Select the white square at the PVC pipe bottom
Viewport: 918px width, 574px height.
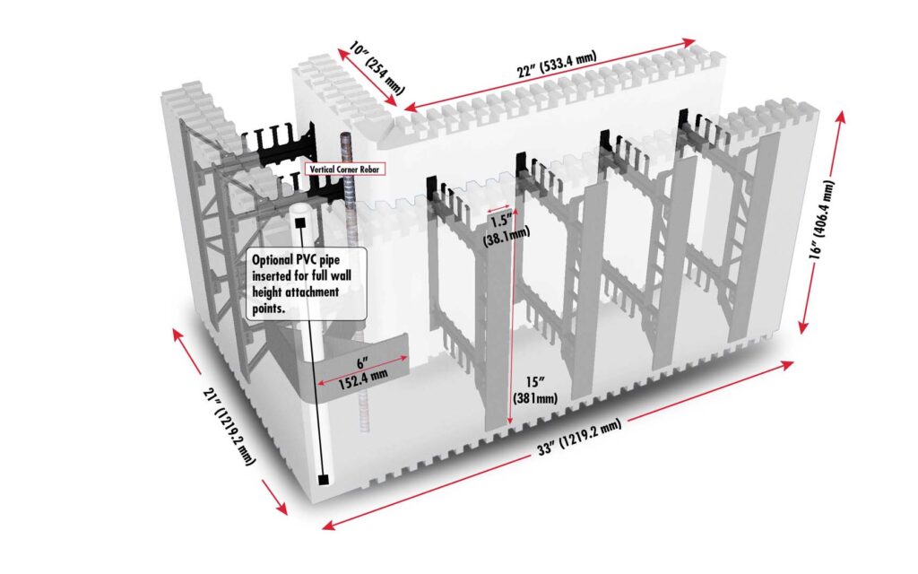click(x=321, y=480)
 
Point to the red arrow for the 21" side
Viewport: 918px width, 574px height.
click(x=229, y=422)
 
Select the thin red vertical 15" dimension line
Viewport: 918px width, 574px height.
click(x=512, y=323)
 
